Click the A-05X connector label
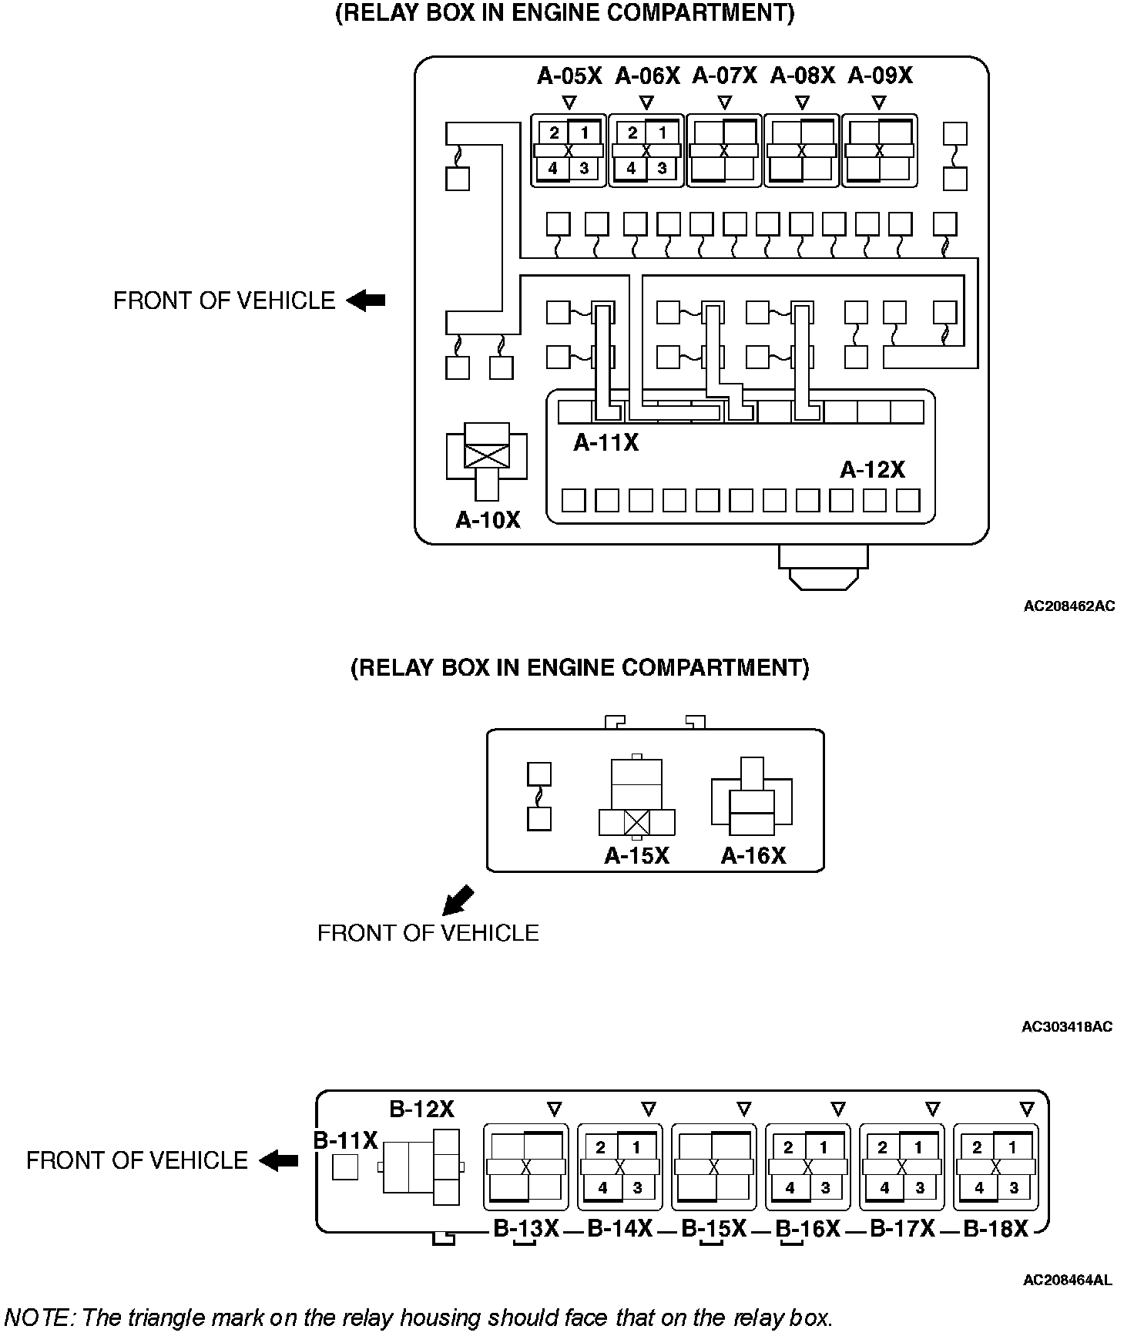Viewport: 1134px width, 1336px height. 569,76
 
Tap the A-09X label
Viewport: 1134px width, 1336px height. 880,76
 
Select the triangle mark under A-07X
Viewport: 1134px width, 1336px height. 724,102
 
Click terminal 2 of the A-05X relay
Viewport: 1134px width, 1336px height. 554,133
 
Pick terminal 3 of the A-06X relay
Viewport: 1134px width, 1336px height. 662,168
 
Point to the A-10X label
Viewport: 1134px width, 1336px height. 488,520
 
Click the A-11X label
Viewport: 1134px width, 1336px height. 606,443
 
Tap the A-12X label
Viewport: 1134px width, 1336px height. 872,469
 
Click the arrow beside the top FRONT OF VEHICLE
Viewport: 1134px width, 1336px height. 365,300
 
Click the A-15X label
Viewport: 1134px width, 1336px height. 636,855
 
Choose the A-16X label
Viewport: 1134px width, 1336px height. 753,855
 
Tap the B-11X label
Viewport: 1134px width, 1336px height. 345,1140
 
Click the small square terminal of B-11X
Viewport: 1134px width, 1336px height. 345,1167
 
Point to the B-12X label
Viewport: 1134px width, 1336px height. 421,1109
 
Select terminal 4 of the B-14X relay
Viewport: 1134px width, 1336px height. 602,1187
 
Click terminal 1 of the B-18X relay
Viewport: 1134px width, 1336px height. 1013,1147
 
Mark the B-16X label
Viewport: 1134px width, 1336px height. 807,1229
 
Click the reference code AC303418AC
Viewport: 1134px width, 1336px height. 1067,1026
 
